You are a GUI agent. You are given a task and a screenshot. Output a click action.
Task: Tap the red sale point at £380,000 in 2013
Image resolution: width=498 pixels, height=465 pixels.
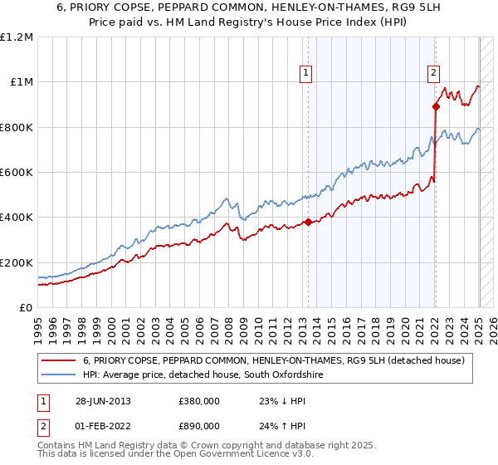(x=308, y=222)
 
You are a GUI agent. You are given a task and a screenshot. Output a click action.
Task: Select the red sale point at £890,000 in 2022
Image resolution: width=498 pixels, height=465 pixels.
(x=436, y=106)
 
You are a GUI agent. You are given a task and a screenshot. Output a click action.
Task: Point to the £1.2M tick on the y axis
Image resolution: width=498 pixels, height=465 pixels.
(x=17, y=37)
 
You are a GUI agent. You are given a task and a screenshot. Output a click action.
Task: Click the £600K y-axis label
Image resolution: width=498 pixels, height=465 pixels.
(x=17, y=173)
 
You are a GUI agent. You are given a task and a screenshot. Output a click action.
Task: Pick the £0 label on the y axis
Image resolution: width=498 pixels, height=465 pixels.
(x=25, y=308)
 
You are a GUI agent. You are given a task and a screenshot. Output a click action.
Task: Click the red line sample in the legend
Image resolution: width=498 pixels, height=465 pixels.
(x=58, y=360)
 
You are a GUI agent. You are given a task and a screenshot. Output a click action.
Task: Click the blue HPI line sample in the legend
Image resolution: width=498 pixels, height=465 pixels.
(x=58, y=375)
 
